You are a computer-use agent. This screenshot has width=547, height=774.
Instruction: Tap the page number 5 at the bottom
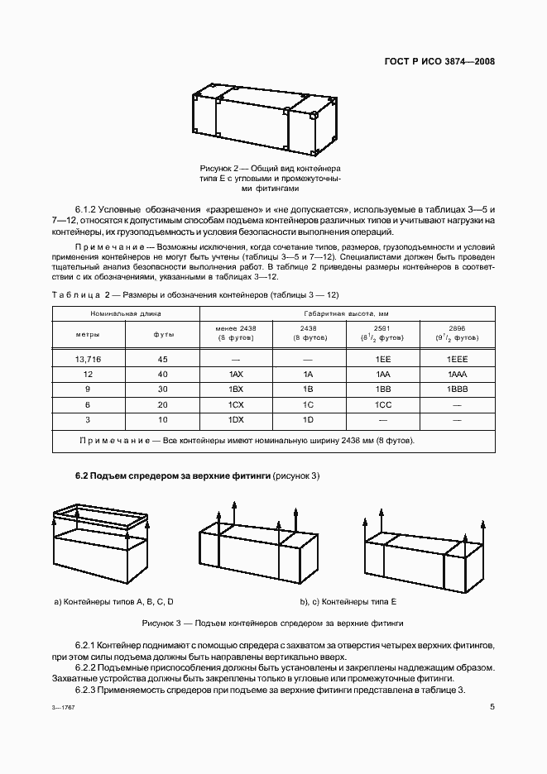click(492, 707)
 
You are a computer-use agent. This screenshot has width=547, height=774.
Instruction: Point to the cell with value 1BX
click(236, 389)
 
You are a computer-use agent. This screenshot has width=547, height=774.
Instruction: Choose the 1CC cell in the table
click(383, 404)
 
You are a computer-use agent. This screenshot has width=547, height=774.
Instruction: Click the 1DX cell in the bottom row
click(236, 419)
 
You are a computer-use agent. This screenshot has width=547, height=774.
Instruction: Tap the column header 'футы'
click(163, 334)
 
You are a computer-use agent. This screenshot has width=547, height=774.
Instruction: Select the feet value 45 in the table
click(163, 360)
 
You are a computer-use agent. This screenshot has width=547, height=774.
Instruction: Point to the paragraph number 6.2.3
click(87, 690)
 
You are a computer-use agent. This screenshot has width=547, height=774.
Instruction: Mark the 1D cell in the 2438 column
click(309, 419)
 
